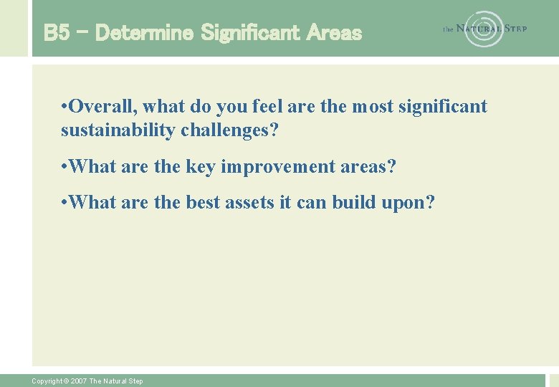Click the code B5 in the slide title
pyautogui.click(x=57, y=32)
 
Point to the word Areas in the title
pyautogui.click(x=334, y=32)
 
